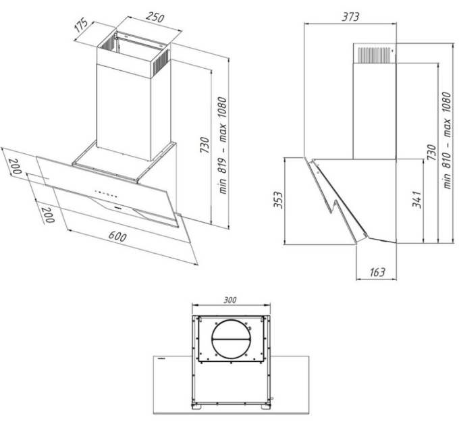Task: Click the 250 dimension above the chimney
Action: click(x=155, y=18)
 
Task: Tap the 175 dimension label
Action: click(x=81, y=25)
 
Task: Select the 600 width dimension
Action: click(x=117, y=236)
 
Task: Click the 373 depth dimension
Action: click(x=350, y=17)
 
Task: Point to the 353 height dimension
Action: click(x=278, y=200)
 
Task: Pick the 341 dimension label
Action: click(x=417, y=199)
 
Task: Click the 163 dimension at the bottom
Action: click(x=377, y=272)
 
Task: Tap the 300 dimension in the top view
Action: click(x=230, y=300)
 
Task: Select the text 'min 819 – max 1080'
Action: click(x=223, y=146)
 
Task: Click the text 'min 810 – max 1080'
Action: click(x=447, y=140)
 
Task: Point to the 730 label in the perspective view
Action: click(x=205, y=145)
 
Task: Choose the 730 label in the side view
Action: click(x=431, y=152)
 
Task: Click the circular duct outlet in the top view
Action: click(x=232, y=340)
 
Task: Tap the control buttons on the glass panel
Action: click(x=106, y=194)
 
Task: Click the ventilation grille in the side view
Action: click(x=375, y=55)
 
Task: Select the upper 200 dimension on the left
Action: click(x=16, y=166)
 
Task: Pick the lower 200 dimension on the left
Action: click(x=47, y=215)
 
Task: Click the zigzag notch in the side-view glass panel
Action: click(x=333, y=207)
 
